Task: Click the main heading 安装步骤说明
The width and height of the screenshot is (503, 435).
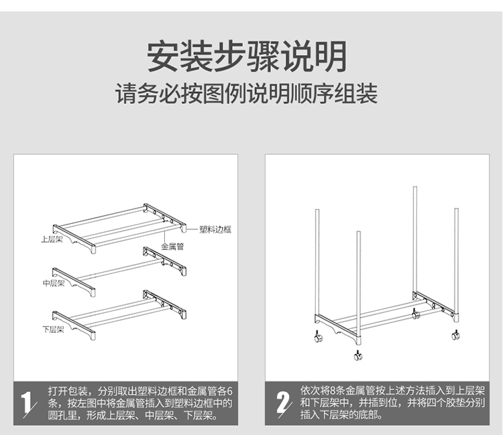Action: point(247,56)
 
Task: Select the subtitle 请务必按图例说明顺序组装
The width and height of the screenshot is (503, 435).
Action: point(246,93)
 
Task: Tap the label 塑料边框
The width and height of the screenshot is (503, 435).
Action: point(215,229)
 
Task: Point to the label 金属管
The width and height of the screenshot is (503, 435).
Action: point(172,247)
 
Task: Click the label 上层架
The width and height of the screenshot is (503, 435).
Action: point(52,239)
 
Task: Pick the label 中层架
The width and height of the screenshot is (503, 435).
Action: point(54,283)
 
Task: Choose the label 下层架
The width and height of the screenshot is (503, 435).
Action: point(53,330)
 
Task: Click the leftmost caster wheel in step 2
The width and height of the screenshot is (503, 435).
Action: point(318,337)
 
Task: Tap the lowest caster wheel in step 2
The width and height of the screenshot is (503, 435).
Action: point(358,355)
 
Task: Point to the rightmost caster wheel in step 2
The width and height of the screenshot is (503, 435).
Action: point(455,334)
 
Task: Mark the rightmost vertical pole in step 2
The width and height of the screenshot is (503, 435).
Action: point(456,260)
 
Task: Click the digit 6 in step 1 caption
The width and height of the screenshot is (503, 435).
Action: point(229,391)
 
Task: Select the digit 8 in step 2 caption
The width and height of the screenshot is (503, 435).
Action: point(333,391)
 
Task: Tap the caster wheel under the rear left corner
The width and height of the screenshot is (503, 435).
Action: point(415,314)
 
